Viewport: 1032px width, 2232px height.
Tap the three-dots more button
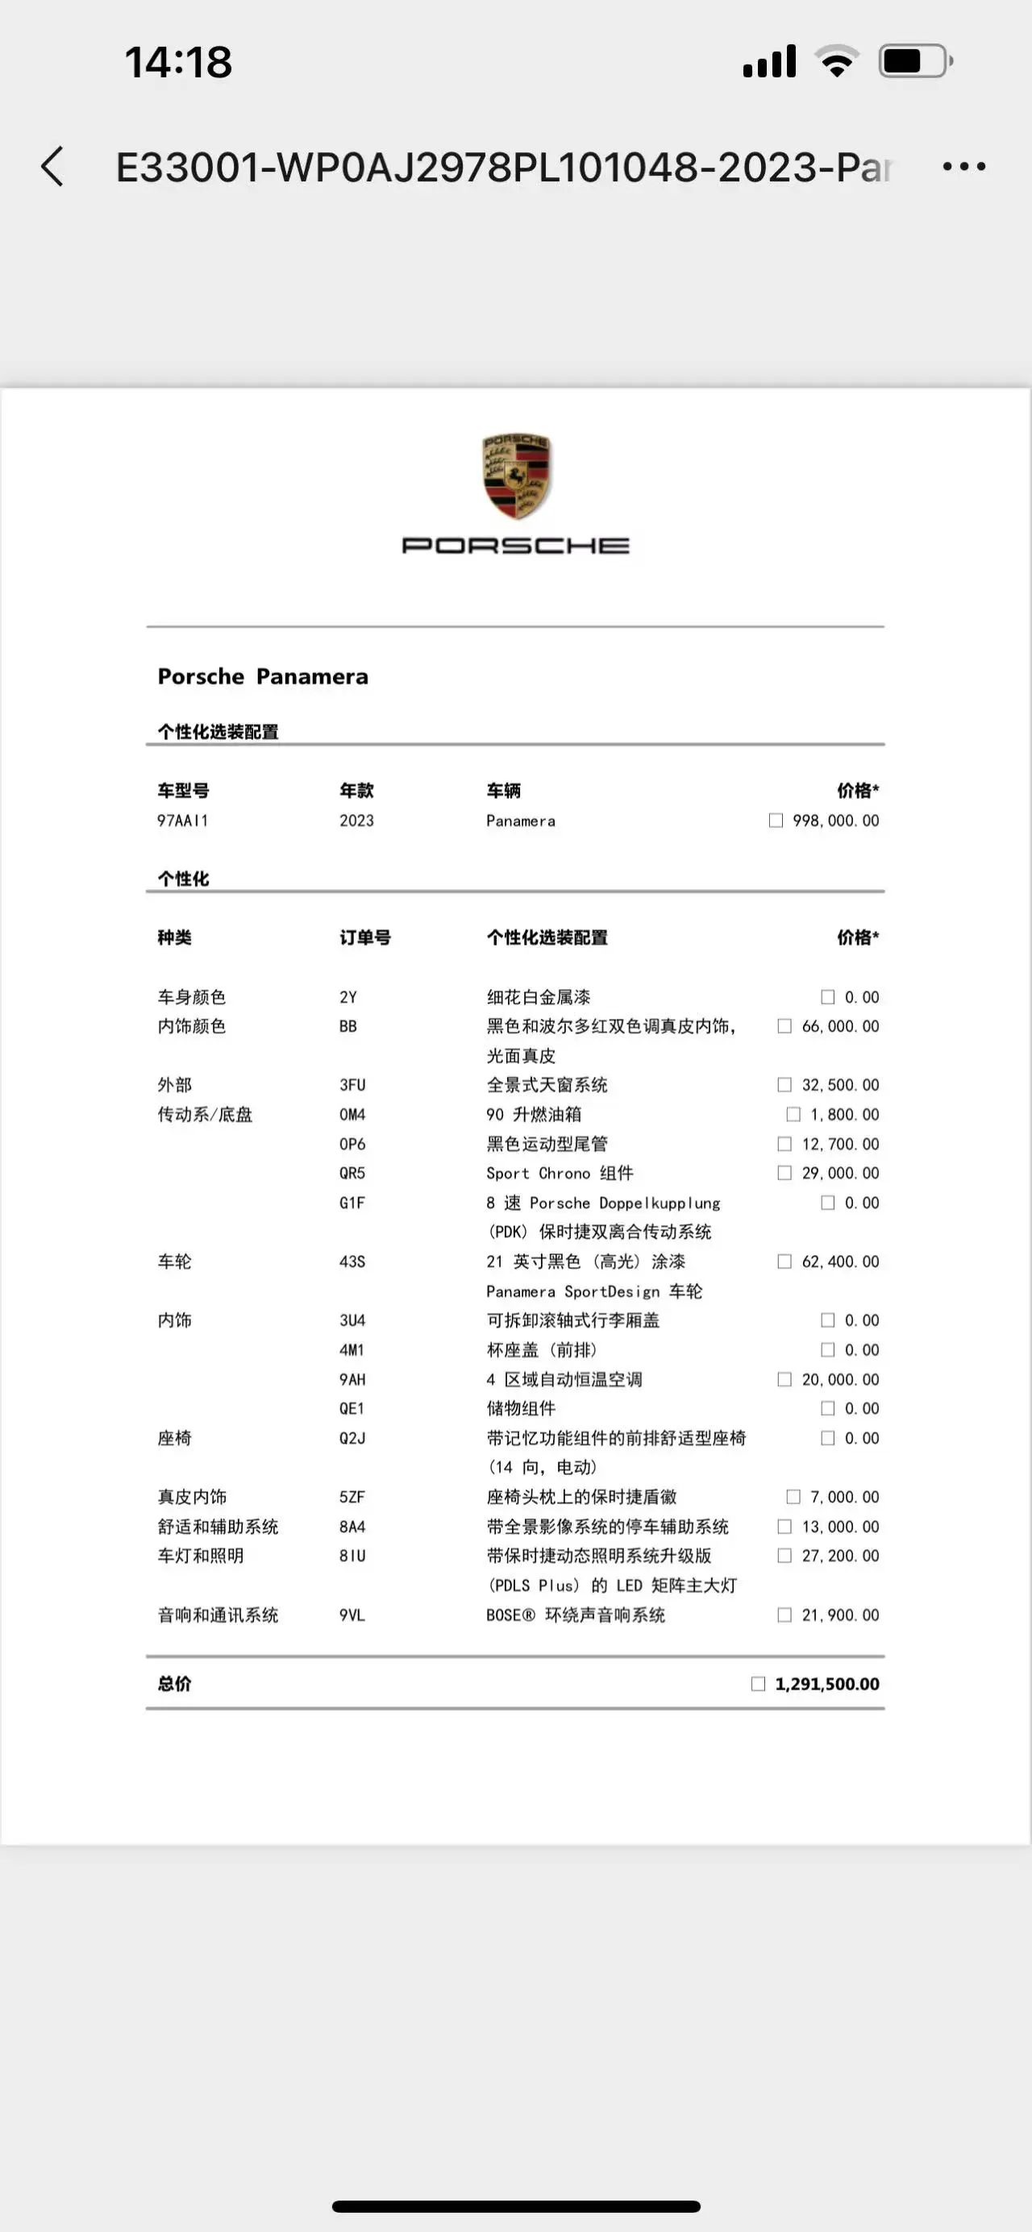[963, 166]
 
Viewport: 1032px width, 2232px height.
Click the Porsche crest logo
[517, 476]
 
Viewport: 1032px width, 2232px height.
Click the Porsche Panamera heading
[263, 677]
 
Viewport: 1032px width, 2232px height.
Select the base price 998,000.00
[835, 821]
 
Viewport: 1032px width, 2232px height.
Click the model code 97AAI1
[182, 821]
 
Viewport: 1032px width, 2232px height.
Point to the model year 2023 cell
[356, 821]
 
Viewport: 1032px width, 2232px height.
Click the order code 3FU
[352, 1085]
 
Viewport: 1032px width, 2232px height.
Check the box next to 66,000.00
[784, 1026]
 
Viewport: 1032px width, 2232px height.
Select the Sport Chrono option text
[560, 1173]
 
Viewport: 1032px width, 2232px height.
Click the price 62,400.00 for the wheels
[839, 1261]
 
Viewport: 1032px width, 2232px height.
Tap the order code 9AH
[352, 1379]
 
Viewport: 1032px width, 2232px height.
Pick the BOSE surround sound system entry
[576, 1615]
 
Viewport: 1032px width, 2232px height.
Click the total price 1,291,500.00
[826, 1684]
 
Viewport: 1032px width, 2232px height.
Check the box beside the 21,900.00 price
[784, 1615]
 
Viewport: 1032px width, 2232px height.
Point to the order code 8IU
[352, 1557]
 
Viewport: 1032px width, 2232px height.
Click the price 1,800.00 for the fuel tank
[844, 1114]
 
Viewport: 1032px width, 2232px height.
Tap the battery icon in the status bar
[915, 61]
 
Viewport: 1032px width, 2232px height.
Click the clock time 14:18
[178, 62]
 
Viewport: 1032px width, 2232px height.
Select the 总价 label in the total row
[174, 1684]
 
